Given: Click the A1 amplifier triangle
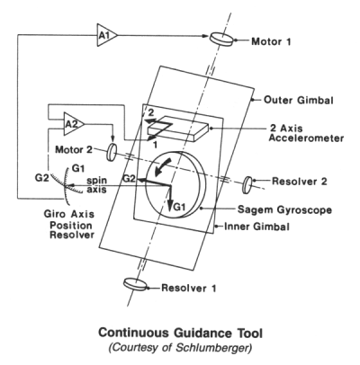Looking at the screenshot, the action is coord(105,36).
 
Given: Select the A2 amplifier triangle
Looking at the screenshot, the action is coord(73,124).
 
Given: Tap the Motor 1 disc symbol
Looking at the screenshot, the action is coord(221,39).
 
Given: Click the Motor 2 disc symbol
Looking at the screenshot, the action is coord(112,152).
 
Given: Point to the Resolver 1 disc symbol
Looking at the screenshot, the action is coord(136,284).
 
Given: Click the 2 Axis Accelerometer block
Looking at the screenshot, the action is coord(179,129).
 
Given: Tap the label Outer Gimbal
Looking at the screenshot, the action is coord(299,100).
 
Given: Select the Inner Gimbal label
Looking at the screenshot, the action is coord(256,227).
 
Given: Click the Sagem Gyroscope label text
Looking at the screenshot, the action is coord(284,209).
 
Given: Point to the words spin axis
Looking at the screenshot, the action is coord(96,185).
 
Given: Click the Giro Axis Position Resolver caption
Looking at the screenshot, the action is coord(69,225).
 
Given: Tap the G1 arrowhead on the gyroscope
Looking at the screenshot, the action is coord(170,207).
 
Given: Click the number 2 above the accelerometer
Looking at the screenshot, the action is coord(151,112).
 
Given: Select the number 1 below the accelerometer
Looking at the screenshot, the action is coord(155,145).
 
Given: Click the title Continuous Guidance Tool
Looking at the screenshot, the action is coord(181,333).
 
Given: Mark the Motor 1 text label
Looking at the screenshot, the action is coord(271,41).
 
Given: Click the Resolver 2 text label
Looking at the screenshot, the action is coord(300,182).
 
